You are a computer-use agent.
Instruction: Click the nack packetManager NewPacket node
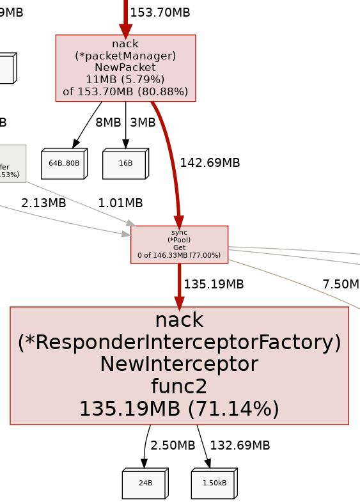click(125, 68)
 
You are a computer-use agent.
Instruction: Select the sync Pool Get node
click(179, 244)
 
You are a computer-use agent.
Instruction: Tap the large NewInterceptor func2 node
click(179, 365)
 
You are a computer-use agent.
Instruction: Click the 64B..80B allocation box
click(63, 164)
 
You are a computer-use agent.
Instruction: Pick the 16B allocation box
click(125, 164)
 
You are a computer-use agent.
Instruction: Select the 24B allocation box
click(145, 484)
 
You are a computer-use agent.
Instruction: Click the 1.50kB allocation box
click(214, 484)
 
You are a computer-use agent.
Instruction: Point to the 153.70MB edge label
click(159, 13)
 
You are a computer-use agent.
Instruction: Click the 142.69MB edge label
click(210, 163)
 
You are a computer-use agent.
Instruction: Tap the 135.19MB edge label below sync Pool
click(214, 285)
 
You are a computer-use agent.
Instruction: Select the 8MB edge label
click(108, 123)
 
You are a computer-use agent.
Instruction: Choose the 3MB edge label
click(143, 123)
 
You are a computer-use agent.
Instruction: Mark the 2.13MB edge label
click(43, 203)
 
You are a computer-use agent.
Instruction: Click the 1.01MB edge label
click(120, 203)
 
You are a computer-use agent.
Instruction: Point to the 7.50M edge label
click(340, 285)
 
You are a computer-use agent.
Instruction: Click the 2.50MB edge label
click(173, 446)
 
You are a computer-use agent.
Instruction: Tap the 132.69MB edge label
click(240, 446)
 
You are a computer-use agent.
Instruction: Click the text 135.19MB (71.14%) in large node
click(179, 409)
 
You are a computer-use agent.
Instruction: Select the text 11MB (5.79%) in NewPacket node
click(125, 79)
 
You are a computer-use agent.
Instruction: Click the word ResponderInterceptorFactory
click(179, 343)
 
